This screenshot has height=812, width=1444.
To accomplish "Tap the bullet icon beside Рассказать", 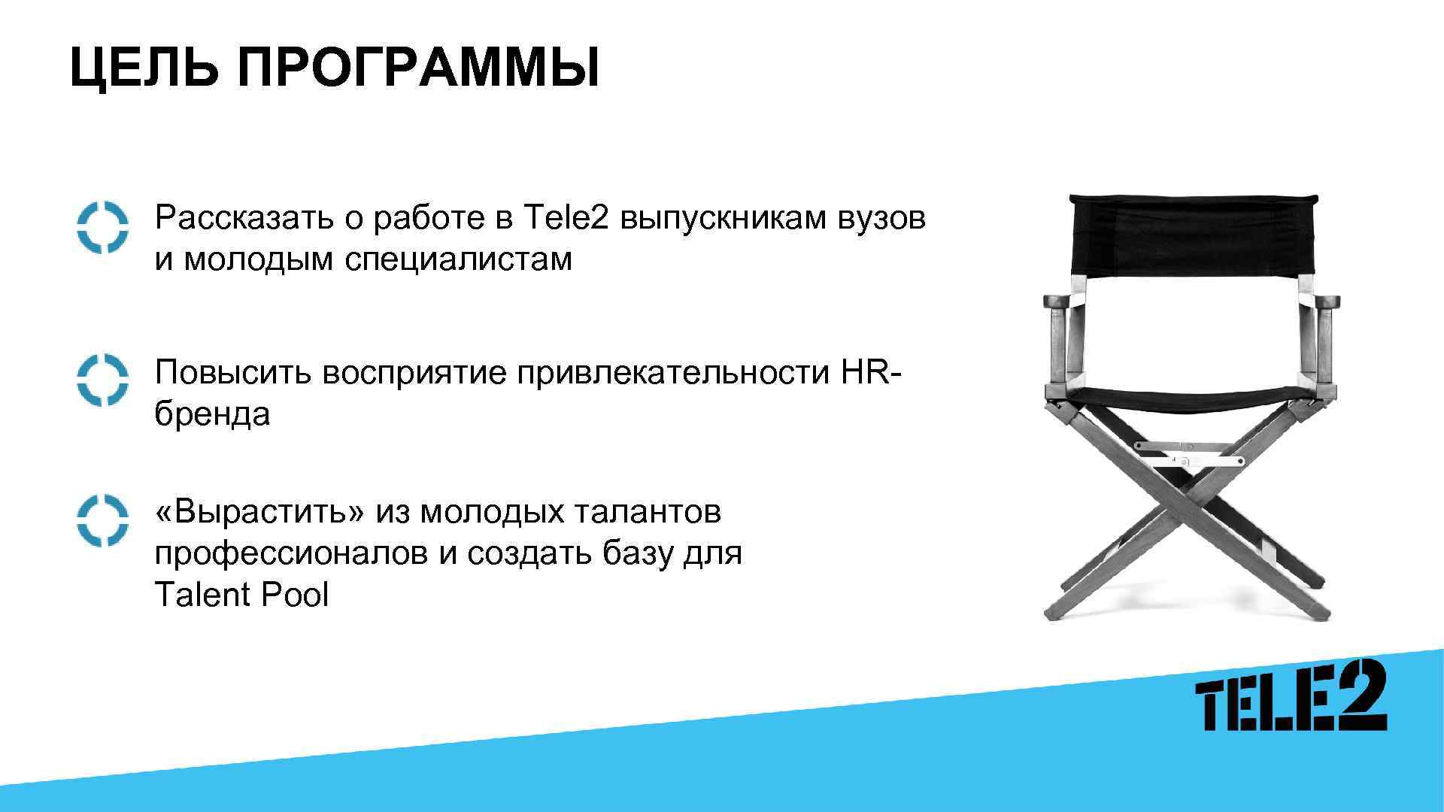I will pos(102,227).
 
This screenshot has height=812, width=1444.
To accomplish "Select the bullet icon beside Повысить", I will pos(102,380).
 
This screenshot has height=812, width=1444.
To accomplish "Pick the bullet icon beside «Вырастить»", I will pos(102,520).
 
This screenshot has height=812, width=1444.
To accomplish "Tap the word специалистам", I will pos(459,260).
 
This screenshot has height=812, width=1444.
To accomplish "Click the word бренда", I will pos(212,414).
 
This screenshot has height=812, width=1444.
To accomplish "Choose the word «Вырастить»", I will pos(260,513).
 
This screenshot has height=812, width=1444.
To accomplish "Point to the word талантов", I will pos(648,513).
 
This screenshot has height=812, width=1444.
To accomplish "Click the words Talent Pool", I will pos(241,595).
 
